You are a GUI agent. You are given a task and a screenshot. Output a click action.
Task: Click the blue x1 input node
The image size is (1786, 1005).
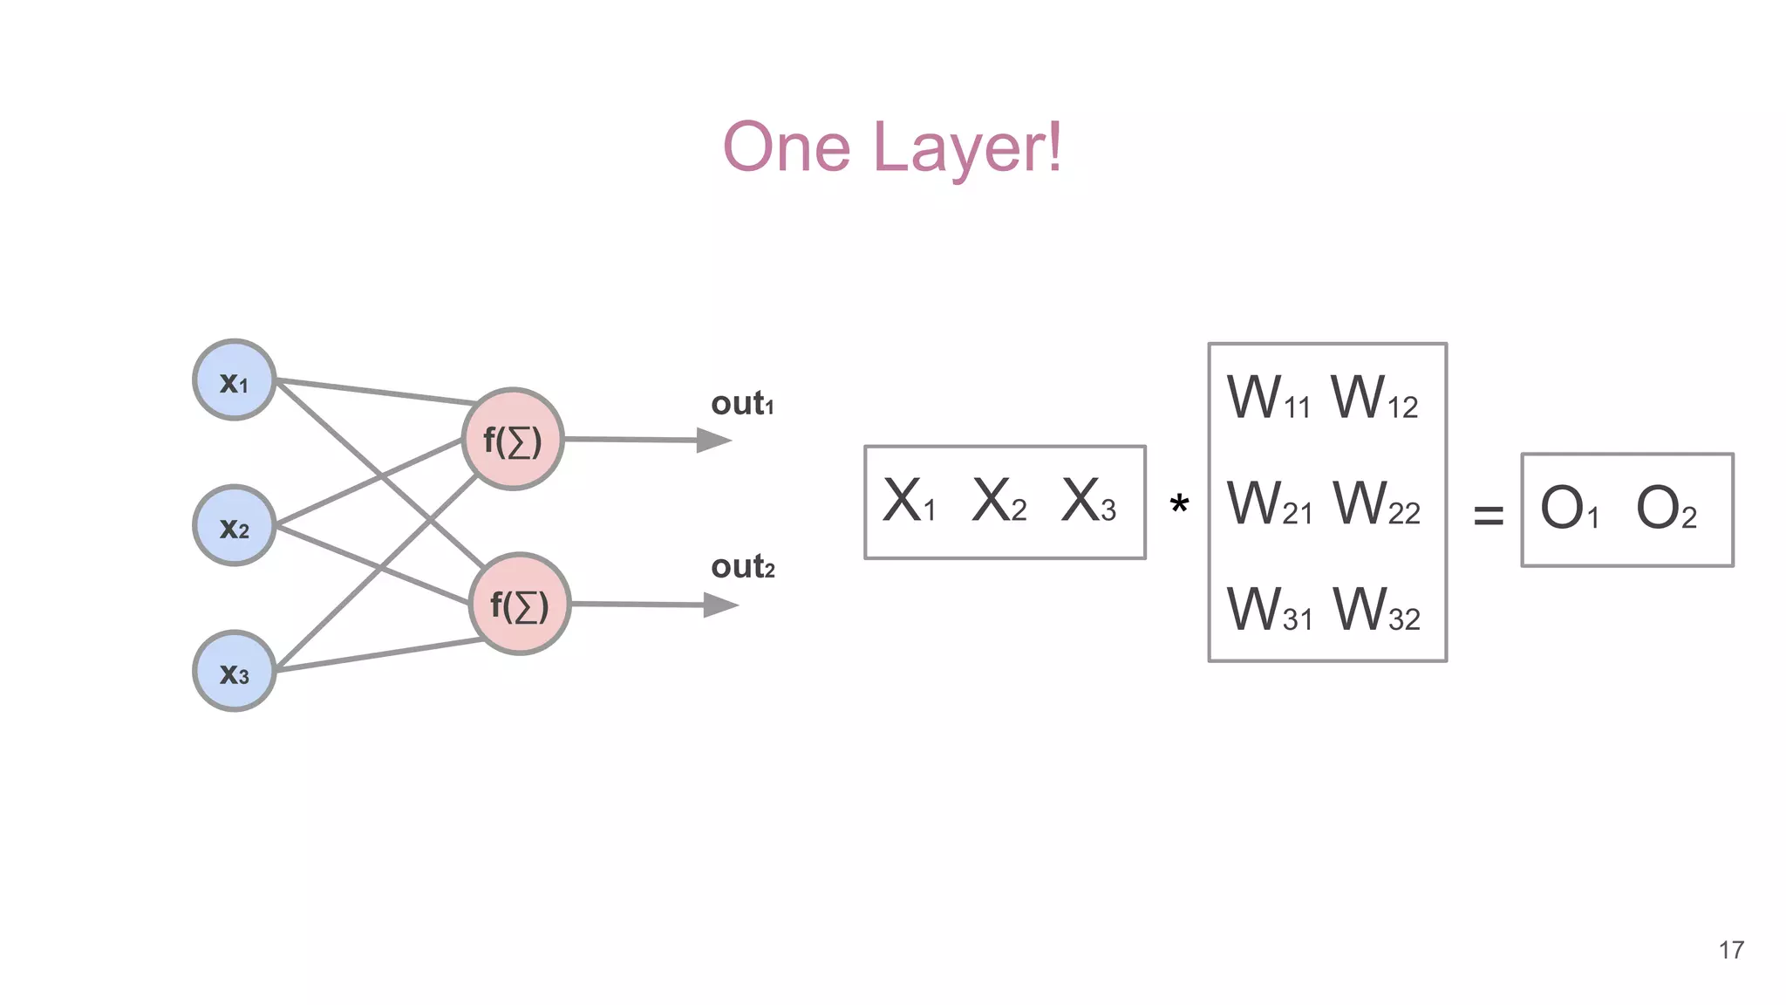pos(234,380)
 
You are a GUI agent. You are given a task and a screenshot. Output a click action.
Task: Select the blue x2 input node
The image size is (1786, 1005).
pos(234,526)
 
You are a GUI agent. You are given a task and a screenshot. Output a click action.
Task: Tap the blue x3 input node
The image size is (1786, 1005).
pos(234,672)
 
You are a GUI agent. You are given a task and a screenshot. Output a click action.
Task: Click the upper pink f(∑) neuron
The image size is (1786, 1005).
pos(513,440)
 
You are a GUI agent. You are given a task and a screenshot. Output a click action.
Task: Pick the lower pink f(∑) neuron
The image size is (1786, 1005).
pos(520,604)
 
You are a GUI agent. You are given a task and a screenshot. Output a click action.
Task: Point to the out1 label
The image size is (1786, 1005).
pos(742,404)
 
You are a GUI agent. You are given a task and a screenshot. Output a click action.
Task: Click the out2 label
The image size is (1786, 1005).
pos(742,567)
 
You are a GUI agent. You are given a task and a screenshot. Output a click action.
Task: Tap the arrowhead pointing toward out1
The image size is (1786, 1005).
pos(714,441)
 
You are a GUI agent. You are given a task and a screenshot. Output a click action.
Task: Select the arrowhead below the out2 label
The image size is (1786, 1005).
pos(720,605)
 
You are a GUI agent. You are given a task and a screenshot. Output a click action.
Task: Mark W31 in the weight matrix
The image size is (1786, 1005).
pos(1269,610)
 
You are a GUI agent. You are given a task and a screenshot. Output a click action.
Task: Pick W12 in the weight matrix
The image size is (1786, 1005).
pos(1374,399)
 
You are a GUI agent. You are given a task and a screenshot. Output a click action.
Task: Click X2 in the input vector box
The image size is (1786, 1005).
pos(999,502)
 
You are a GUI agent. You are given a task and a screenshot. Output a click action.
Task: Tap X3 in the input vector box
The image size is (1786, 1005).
pos(1088,502)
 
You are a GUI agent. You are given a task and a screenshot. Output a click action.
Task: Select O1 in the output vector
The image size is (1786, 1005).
pos(1569,509)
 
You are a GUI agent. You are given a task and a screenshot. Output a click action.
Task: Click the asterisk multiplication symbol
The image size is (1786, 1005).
pos(1179,504)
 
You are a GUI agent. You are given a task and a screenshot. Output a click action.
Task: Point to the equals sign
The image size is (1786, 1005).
pos(1488,515)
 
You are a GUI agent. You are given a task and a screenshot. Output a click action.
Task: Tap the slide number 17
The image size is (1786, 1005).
pos(1731,950)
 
